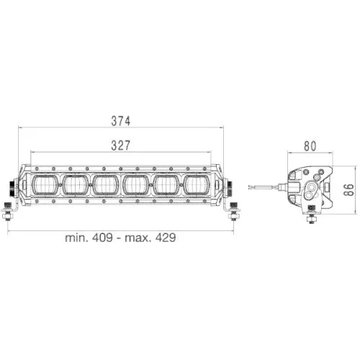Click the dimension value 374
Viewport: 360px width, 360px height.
pos(121,120)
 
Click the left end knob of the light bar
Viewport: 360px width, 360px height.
pos(13,186)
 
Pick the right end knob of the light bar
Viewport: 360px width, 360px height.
pos(230,186)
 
